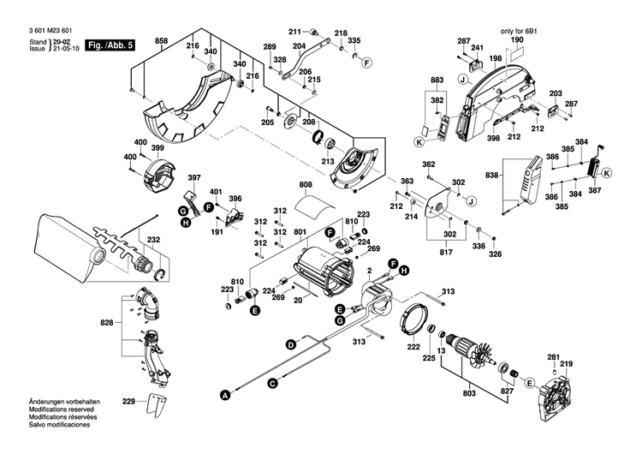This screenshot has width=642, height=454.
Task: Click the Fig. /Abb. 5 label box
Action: pos(111,45)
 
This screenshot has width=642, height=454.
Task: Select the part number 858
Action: pos(161,42)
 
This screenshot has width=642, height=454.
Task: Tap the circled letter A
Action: pos(226,396)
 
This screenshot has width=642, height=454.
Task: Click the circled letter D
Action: pos(290,344)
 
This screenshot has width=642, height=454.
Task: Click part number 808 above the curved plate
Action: pos(305,185)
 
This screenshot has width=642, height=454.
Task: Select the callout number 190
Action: pos(517,40)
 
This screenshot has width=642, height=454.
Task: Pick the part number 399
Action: pos(157,148)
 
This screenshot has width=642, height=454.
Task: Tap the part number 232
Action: pos(154,240)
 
